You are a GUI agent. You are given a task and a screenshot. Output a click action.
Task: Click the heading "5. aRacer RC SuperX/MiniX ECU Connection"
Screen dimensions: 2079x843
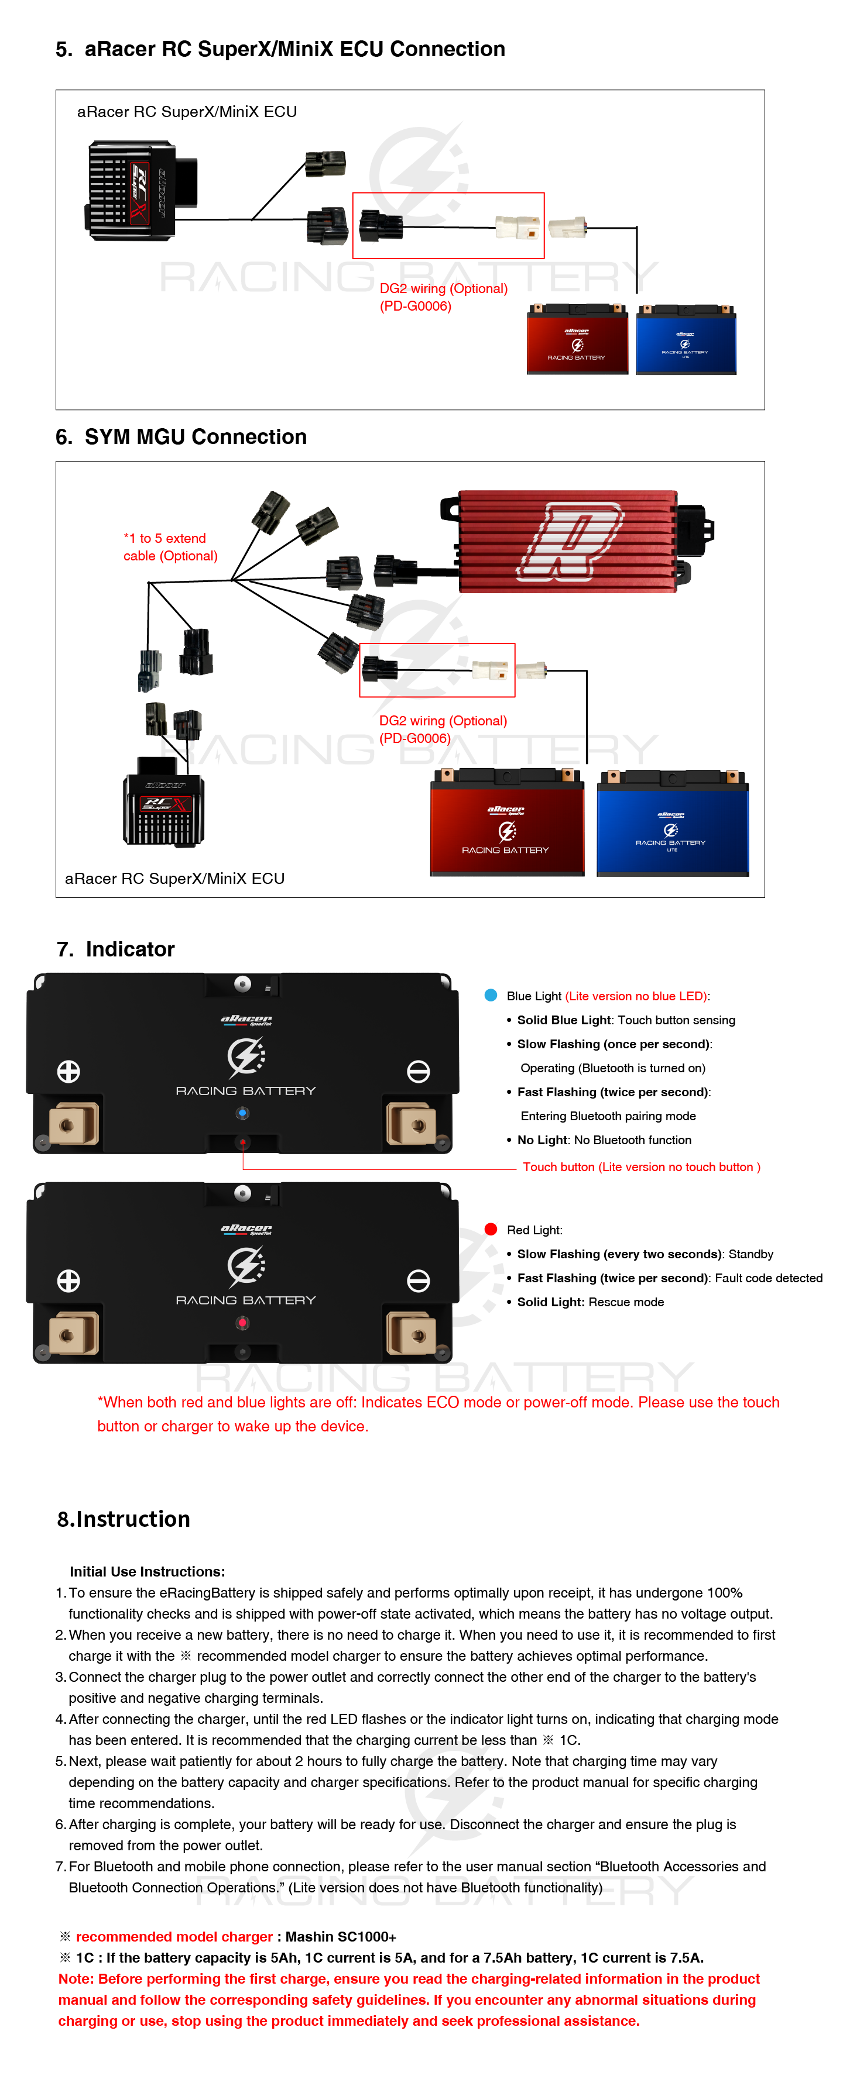pyautogui.click(x=280, y=49)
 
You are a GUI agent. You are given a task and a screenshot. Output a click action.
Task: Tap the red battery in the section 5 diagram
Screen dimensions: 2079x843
pyautogui.click(x=577, y=339)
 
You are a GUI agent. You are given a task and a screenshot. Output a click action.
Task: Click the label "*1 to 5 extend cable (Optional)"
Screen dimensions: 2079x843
pyautogui.click(x=170, y=547)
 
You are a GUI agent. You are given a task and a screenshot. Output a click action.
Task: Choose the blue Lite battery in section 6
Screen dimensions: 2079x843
pyautogui.click(x=672, y=825)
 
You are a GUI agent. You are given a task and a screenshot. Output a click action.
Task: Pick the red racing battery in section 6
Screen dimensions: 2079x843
pyautogui.click(x=506, y=825)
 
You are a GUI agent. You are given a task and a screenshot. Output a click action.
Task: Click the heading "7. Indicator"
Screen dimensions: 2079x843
pyautogui.click(x=115, y=949)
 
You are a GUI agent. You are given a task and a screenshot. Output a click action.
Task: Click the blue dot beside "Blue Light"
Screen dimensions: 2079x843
pyautogui.click(x=490, y=995)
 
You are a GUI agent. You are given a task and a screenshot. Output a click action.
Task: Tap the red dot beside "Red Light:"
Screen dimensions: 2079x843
pyautogui.click(x=490, y=1229)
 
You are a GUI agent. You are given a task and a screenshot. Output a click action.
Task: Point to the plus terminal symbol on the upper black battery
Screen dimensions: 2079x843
pyautogui.click(x=68, y=1071)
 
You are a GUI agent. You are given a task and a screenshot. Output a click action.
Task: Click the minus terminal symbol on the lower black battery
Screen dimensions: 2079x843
pyautogui.click(x=417, y=1281)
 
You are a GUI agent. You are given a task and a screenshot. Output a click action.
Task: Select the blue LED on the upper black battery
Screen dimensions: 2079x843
pyautogui.click(x=242, y=1114)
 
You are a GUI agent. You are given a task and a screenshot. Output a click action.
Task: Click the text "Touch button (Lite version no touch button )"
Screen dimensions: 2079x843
pyautogui.click(x=641, y=1167)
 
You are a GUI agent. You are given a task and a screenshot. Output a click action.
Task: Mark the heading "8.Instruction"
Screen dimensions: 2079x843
pyautogui.click(x=124, y=1519)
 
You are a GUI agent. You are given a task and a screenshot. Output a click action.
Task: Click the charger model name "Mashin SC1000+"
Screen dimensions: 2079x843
pyautogui.click(x=341, y=1936)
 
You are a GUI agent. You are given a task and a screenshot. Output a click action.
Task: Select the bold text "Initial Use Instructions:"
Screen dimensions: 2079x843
pyautogui.click(x=147, y=1571)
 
